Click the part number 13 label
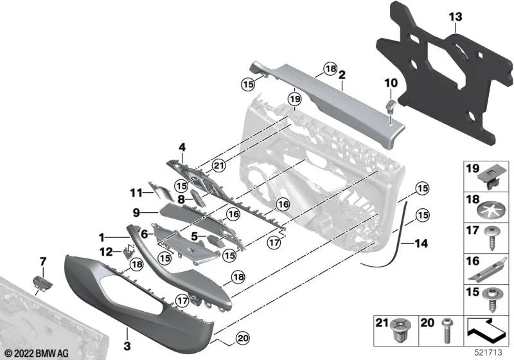point(455,15)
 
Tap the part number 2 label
point(342,75)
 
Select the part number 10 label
point(391,82)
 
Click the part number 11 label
point(136,192)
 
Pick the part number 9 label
point(136,212)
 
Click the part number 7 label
point(43,261)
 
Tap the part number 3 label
point(127,334)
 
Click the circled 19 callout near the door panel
point(294,99)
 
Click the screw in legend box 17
point(490,239)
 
